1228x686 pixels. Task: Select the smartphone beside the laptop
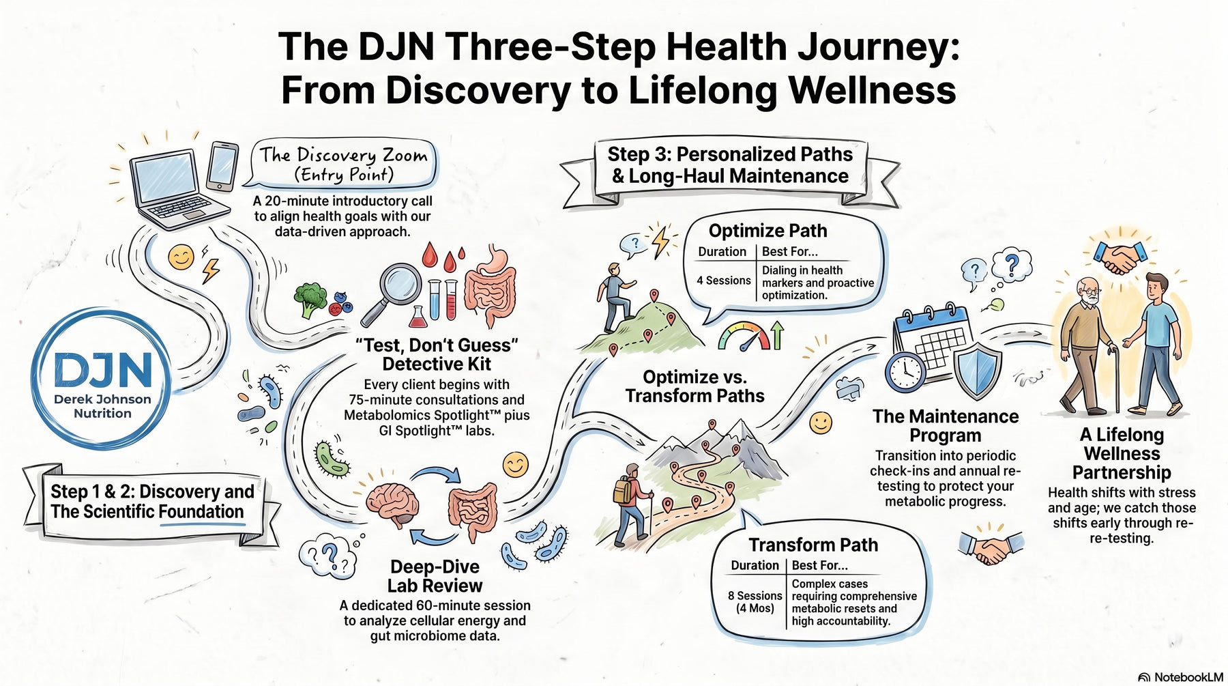point(222,166)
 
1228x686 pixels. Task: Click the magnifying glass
point(392,294)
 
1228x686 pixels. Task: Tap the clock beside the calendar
point(905,373)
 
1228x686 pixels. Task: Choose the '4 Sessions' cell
point(723,281)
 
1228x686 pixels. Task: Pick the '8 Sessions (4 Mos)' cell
point(755,601)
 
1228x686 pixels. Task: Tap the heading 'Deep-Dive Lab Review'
point(435,576)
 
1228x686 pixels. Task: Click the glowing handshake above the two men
point(1120,257)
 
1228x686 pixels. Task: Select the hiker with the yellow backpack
point(630,504)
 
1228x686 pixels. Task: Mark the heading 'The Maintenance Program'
point(945,426)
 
